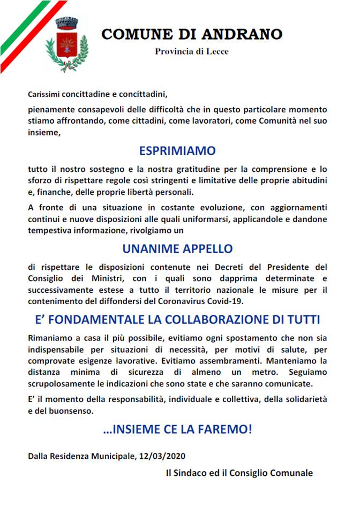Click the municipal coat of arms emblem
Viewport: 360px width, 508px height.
[x=67, y=45]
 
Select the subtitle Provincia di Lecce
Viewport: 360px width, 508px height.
[x=192, y=52]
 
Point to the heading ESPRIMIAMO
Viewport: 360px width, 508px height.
[x=177, y=150]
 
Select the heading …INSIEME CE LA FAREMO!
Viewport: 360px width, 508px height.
[x=177, y=429]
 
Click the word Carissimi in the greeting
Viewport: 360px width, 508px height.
[x=45, y=94]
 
